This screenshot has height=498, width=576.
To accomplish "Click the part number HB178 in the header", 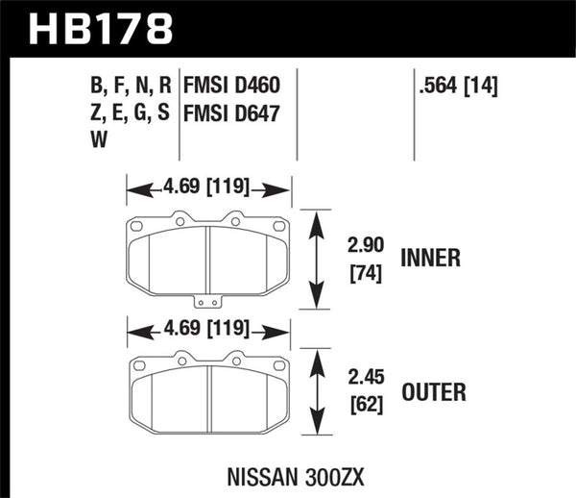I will (x=100, y=28).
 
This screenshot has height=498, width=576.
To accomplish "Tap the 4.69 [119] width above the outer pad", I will (x=208, y=330).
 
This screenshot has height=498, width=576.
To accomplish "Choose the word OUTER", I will (x=435, y=393).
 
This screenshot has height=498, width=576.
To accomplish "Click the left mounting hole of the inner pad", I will (x=136, y=227).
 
